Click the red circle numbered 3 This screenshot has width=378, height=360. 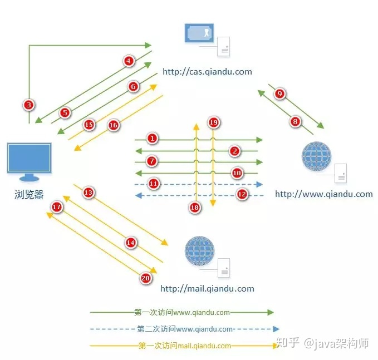pyautogui.click(x=29, y=105)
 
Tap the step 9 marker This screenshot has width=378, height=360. pyautogui.click(x=279, y=93)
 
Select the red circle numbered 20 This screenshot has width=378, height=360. pyautogui.click(x=146, y=278)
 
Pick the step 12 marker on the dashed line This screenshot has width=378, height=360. pyautogui.click(x=242, y=194)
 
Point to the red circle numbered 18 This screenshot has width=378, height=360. pyautogui.click(x=194, y=207)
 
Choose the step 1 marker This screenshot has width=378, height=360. pyautogui.click(x=152, y=139)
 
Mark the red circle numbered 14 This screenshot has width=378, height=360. pyautogui.click(x=131, y=243)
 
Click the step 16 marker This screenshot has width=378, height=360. pyautogui.click(x=114, y=125)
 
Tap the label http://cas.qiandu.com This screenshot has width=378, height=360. pyautogui.click(x=207, y=72)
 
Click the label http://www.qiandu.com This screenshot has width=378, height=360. pyautogui.click(x=324, y=194)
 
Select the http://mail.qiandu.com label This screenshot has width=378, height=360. pyautogui.click(x=207, y=288)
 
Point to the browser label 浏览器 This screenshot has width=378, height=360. pyautogui.click(x=29, y=194)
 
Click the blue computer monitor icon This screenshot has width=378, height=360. pyautogui.click(x=29, y=162)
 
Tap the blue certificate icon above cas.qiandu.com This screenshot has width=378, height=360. pyautogui.click(x=199, y=33)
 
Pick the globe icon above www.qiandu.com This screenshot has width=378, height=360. pyautogui.click(x=317, y=156)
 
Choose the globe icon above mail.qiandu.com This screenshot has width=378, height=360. pyautogui.click(x=199, y=250)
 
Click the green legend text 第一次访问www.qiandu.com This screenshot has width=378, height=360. pyautogui.click(x=182, y=312)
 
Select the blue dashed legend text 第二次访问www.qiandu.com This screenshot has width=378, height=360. pyautogui.click(x=185, y=329)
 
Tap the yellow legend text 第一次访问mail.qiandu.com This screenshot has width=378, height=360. pyautogui.click(x=185, y=346)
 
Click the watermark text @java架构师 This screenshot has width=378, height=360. pyautogui.click(x=336, y=343)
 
